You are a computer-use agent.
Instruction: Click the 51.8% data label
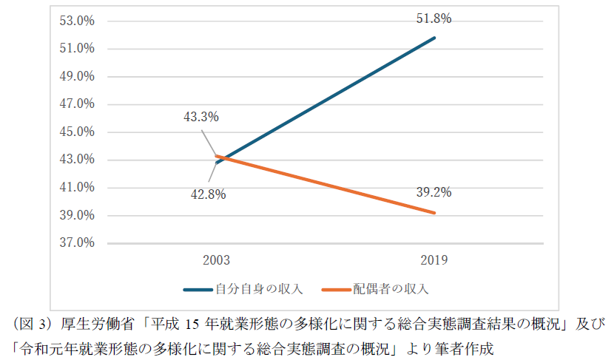tap(433, 18)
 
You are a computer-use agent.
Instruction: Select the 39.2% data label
tap(433, 192)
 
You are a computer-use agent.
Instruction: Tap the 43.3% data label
tap(202, 117)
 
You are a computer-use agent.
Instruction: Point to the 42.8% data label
tap(207, 194)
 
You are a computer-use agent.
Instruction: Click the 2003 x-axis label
tap(217, 260)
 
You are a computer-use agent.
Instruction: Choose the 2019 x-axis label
tap(433, 260)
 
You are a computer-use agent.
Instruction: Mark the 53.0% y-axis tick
tap(76, 21)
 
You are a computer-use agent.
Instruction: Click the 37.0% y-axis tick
tap(76, 242)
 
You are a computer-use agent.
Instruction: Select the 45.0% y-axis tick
tap(76, 132)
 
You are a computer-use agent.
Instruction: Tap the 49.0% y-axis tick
tap(76, 76)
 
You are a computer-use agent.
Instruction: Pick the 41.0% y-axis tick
tap(76, 187)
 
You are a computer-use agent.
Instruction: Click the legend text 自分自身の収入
tap(259, 288)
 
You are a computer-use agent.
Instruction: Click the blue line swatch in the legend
tap(198, 289)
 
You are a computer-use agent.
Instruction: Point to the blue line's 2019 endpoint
tap(434, 38)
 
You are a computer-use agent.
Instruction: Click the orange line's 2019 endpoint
tap(434, 213)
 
